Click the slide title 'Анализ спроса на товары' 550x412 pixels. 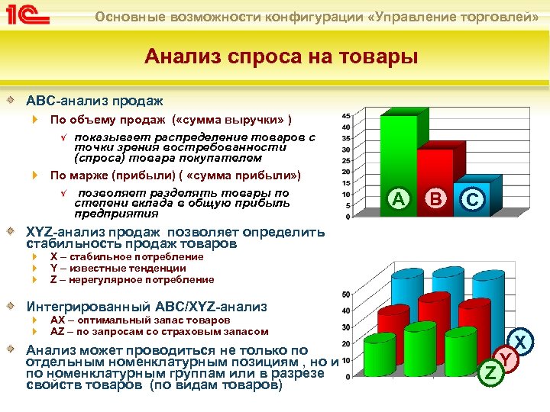point(282,56)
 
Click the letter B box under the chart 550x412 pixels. point(435,199)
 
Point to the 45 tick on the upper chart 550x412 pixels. point(346,116)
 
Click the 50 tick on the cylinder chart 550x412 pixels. point(346,295)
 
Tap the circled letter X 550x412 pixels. point(521,341)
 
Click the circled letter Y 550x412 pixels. point(505,357)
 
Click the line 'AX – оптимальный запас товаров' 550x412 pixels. point(140,320)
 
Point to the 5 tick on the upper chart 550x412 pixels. point(348,204)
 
